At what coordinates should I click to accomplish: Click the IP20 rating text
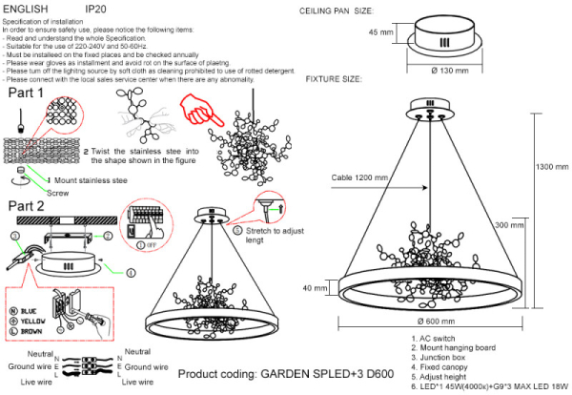point(96,8)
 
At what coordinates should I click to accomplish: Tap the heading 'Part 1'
point(27,94)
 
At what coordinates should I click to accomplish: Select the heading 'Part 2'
point(27,206)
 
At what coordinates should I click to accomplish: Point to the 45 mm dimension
point(380,32)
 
